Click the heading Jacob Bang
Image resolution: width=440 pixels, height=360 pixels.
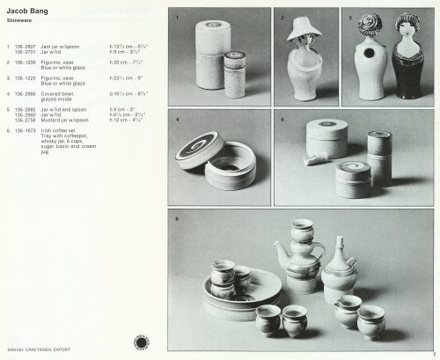(26, 7)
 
